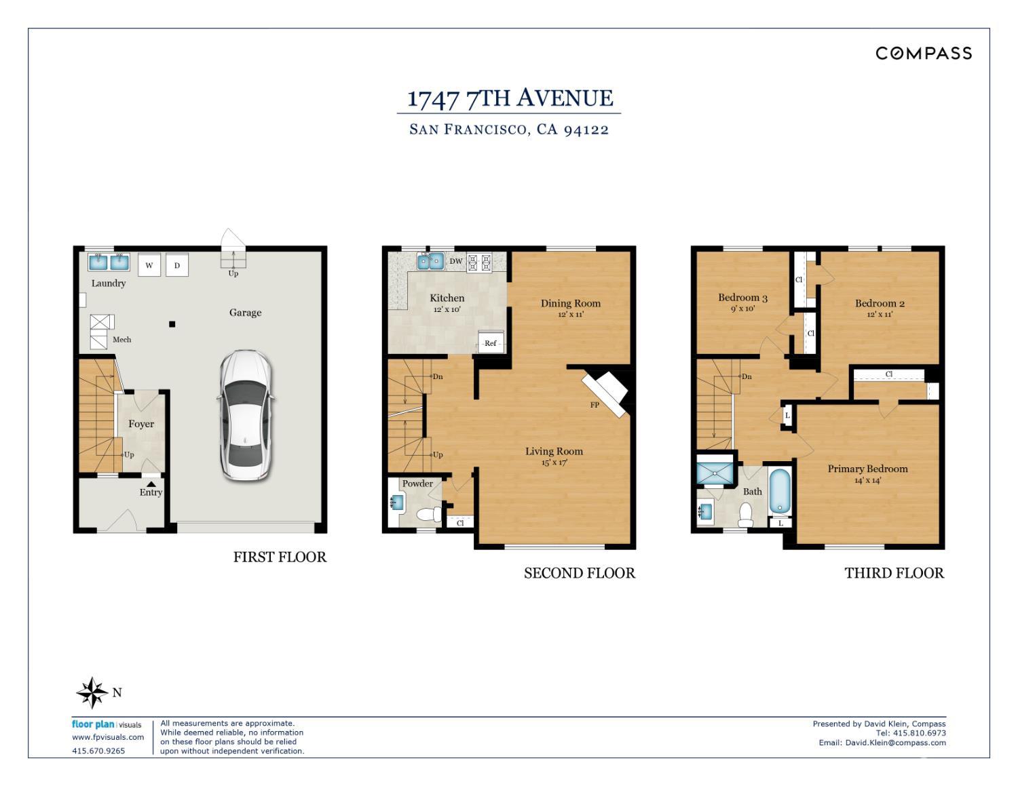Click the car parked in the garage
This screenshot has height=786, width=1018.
tap(246, 415)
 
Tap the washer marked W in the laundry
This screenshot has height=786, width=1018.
tap(149, 265)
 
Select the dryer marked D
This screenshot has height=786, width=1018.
tap(177, 265)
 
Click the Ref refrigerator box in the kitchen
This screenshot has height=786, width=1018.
tap(491, 342)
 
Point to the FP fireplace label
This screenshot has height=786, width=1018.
tap(595, 405)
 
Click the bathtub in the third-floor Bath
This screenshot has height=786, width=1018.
tap(780, 491)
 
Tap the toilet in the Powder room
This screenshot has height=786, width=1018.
tap(429, 515)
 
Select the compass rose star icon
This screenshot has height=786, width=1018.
tap(92, 692)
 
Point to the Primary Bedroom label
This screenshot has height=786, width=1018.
tap(867, 469)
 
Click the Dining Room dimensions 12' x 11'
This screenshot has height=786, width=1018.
tap(570, 314)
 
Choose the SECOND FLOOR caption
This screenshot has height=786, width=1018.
tap(580, 573)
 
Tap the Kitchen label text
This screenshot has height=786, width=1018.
tap(447, 298)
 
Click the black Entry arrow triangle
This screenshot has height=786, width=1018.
tap(151, 484)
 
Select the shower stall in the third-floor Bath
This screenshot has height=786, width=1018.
tap(715, 473)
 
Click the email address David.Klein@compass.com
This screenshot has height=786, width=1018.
tap(895, 743)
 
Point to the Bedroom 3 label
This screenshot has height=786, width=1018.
tap(742, 298)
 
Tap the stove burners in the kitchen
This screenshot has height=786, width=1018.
tap(480, 262)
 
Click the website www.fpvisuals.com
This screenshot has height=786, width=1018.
tap(108, 737)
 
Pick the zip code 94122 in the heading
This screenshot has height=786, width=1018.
tap(586, 130)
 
